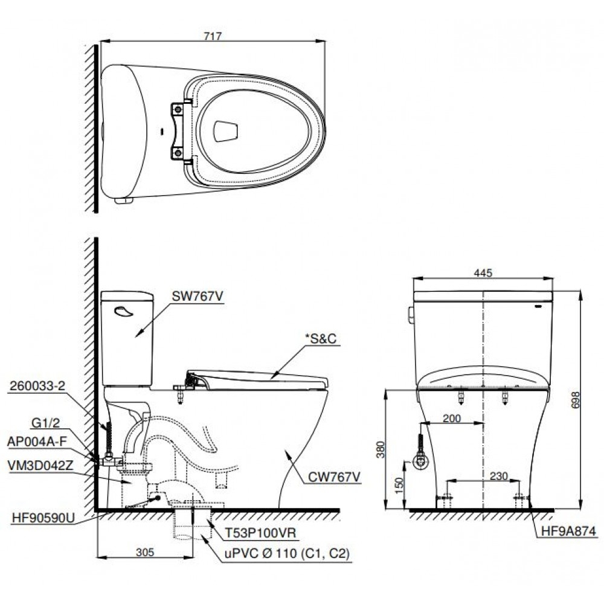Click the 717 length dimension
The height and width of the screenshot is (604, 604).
pos(213,36)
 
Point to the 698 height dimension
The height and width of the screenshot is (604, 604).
pos(575,399)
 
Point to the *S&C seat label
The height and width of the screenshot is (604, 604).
pos(318,339)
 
